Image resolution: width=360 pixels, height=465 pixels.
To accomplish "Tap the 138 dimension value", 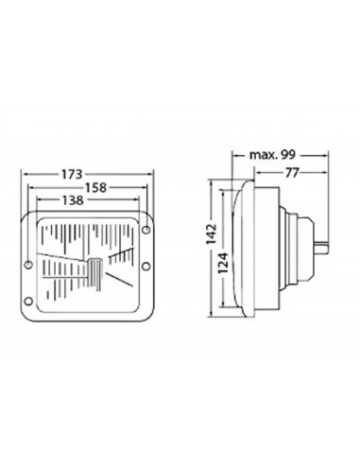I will pyautogui.click(x=71, y=201).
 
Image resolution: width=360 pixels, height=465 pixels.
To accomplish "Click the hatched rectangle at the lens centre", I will pyautogui.click(x=94, y=272).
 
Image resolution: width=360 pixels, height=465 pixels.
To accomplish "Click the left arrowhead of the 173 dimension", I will pyautogui.click(x=23, y=175).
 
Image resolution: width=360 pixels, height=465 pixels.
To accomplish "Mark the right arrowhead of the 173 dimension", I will pyautogui.click(x=152, y=175).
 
